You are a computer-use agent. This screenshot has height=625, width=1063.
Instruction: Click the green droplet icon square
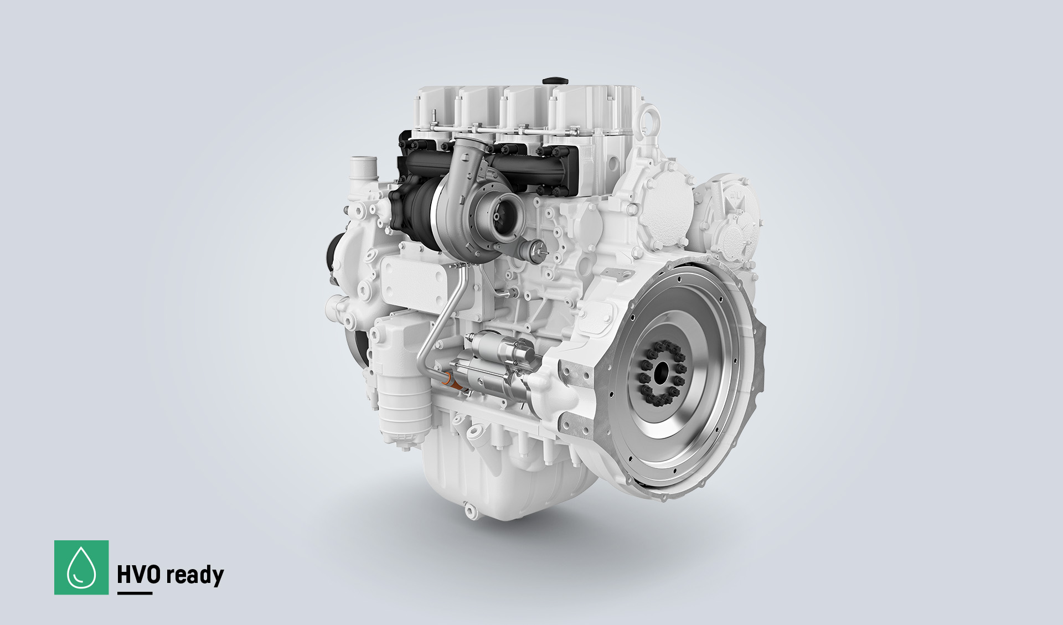pos(81,567)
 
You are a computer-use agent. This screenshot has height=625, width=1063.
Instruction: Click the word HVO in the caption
pos(139,575)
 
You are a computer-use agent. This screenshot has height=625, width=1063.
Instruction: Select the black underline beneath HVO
pos(135,593)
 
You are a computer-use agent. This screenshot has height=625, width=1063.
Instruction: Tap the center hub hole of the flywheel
pos(660,372)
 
